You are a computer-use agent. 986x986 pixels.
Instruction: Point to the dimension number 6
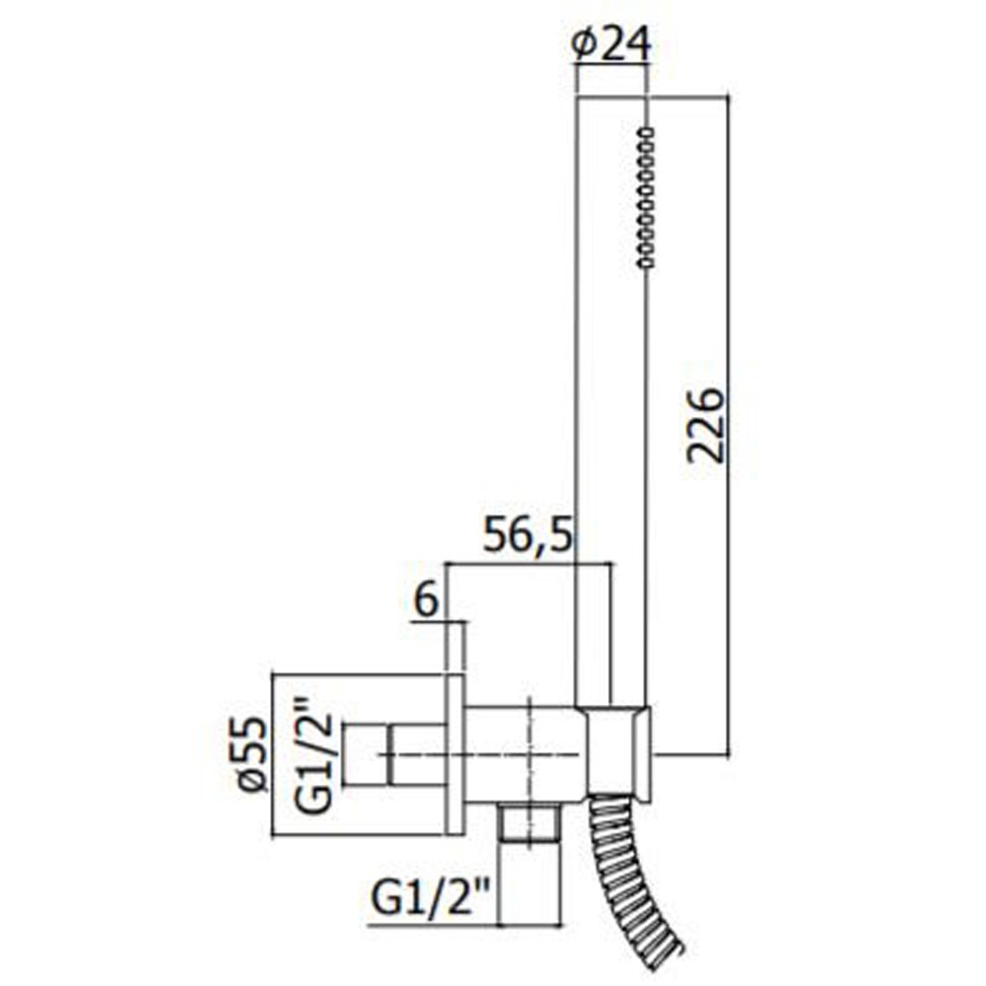[426, 601]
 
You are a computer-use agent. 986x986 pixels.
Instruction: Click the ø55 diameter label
[253, 754]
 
